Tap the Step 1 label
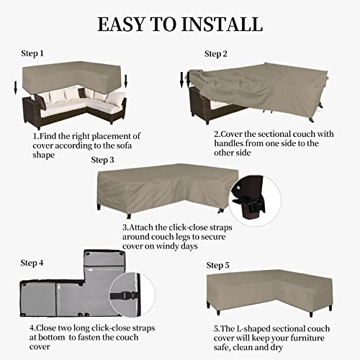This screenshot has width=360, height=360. pos(32,53)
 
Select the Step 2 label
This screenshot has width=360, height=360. pos(216,54)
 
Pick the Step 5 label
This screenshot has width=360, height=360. pos(217,265)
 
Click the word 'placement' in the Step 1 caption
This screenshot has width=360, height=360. pos(120,135)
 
